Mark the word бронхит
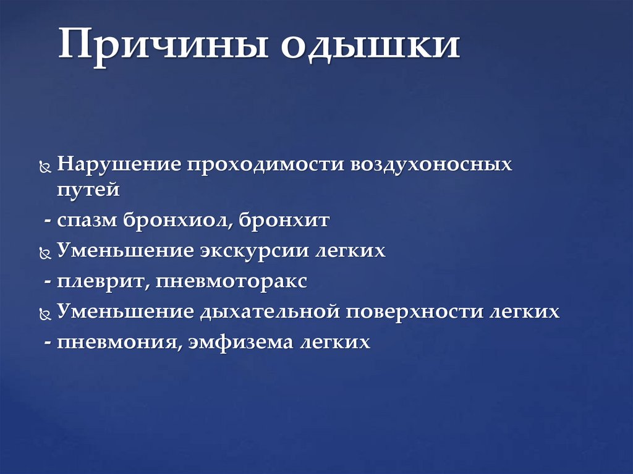click(290, 220)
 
